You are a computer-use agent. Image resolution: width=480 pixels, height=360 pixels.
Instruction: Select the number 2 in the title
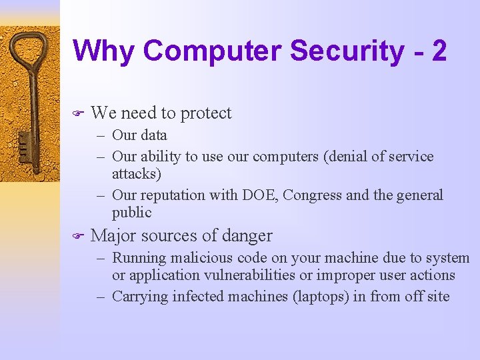click(x=439, y=51)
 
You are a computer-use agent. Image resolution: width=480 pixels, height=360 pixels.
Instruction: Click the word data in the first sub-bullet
click(x=154, y=135)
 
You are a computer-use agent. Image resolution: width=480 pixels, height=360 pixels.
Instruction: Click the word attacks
click(x=137, y=173)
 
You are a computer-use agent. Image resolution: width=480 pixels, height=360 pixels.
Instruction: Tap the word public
click(x=132, y=213)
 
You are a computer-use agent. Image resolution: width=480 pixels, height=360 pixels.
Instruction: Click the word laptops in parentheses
click(x=321, y=297)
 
